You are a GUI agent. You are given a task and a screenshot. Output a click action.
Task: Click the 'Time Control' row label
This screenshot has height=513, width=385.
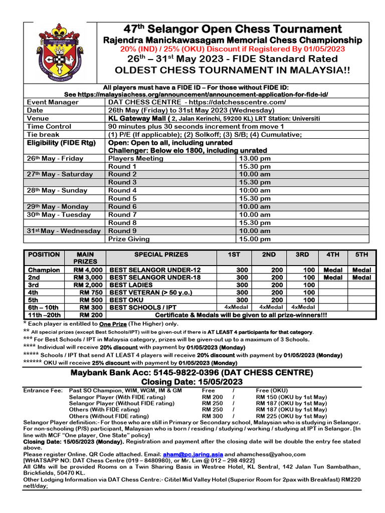pos(49,126)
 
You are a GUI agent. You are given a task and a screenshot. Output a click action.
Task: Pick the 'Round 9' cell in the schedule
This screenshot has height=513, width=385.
pos(122,231)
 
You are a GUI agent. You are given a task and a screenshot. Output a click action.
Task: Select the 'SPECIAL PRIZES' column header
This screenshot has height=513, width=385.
pos(160,254)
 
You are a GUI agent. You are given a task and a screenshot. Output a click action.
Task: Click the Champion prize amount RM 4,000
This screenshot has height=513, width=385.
pos(88,270)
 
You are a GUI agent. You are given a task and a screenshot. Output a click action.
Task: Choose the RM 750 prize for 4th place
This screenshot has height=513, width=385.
pos(91,292)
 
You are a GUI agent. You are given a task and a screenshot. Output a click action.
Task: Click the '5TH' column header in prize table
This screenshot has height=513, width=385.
pos(361,254)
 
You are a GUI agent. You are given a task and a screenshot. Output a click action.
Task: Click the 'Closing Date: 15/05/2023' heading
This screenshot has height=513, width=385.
pos(192,382)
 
